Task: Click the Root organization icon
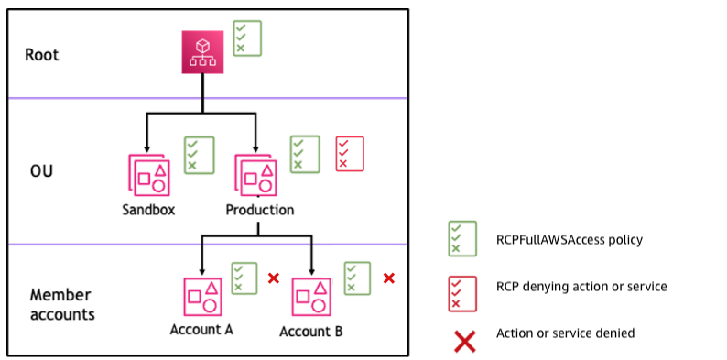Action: pyautogui.click(x=202, y=53)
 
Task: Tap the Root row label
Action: pyautogui.click(x=42, y=55)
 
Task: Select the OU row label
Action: pyautogui.click(x=41, y=170)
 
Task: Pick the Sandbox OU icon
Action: pyautogui.click(x=148, y=174)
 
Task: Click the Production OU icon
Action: pyautogui.click(x=255, y=174)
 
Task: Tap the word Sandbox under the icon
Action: pyautogui.click(x=148, y=210)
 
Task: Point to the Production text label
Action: pyautogui.click(x=260, y=210)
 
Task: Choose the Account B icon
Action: pyautogui.click(x=311, y=297)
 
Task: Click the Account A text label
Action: pyautogui.click(x=201, y=330)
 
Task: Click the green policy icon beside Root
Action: pyautogui.click(x=246, y=38)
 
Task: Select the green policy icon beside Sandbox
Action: pyautogui.click(x=199, y=155)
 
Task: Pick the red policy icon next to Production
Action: pyautogui.click(x=349, y=154)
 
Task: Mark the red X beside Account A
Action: pyautogui.click(x=273, y=278)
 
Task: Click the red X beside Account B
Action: pyautogui.click(x=388, y=278)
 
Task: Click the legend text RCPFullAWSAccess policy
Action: pyautogui.click(x=570, y=240)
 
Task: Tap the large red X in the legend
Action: pyautogui.click(x=465, y=341)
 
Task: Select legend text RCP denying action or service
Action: pyautogui.click(x=581, y=287)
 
